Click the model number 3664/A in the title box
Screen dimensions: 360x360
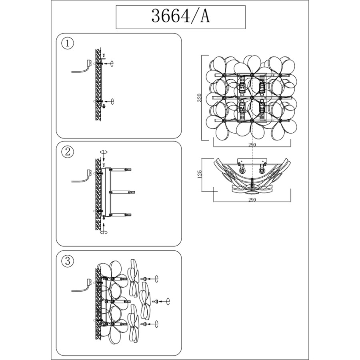point(180,16)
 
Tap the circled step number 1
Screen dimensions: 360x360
point(68,43)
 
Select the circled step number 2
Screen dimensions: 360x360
point(68,152)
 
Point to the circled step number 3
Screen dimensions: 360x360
point(68,261)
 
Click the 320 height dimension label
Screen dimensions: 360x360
point(200,98)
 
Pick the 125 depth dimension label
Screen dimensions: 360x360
point(199,174)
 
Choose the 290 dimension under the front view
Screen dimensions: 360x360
point(252,145)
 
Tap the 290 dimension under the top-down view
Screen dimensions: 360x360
point(252,200)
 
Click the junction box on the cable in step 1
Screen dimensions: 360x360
point(89,63)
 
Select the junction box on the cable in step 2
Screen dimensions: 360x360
point(89,173)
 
